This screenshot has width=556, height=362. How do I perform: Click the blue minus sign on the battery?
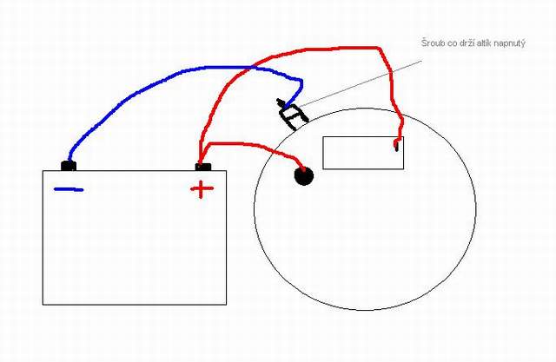pyautogui.click(x=69, y=189)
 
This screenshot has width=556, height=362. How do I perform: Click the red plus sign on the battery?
pyautogui.click(x=202, y=188)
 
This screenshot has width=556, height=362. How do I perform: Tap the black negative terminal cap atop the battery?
pyautogui.click(x=68, y=165)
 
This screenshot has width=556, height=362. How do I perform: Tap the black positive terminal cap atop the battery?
pyautogui.click(x=202, y=165)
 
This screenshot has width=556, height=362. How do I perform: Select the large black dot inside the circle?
pyautogui.click(x=303, y=177)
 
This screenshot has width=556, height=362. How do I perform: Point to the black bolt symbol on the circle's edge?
pyautogui.click(x=290, y=113)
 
